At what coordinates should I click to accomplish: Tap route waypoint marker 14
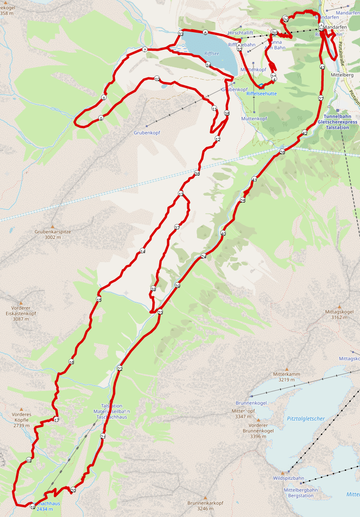143,252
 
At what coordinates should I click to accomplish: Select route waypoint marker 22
120,368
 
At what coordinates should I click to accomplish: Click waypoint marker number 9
101,118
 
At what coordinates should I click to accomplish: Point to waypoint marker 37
177,227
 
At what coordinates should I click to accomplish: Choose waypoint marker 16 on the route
71,362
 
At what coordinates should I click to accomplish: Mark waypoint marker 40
223,233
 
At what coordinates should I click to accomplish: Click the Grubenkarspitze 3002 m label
53,234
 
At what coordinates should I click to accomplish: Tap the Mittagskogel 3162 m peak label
340,314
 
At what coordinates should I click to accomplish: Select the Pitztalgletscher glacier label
306,419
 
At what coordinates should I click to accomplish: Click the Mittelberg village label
342,75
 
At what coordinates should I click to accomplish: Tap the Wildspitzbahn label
288,478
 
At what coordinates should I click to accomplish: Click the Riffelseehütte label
261,93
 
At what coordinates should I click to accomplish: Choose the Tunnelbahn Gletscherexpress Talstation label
338,122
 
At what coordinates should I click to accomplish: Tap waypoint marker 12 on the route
217,139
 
